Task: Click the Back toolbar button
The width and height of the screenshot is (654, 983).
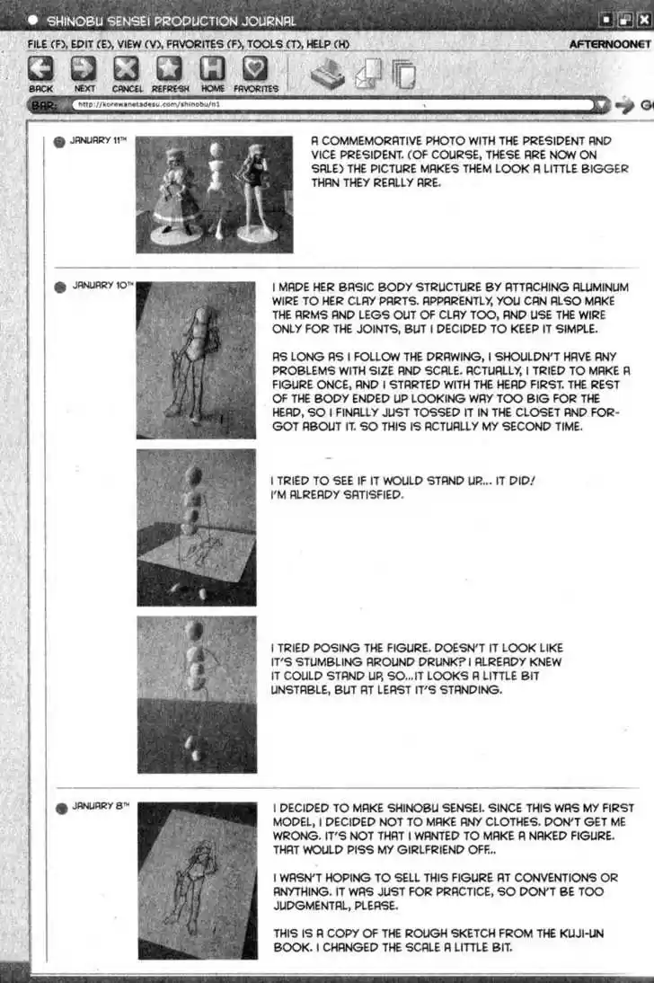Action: [x=41, y=70]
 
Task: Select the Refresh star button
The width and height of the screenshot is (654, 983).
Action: [x=169, y=70]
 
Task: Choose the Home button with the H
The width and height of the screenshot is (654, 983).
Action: [x=213, y=70]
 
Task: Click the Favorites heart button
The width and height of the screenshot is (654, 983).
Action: [x=256, y=70]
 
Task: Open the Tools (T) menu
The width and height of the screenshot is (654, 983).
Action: [x=280, y=43]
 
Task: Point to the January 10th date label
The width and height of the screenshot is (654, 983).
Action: [x=102, y=286]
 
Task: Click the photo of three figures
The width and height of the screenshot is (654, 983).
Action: [x=214, y=193]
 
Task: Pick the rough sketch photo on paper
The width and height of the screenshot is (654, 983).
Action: [x=197, y=881]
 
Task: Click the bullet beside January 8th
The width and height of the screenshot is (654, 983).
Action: [x=60, y=808]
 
